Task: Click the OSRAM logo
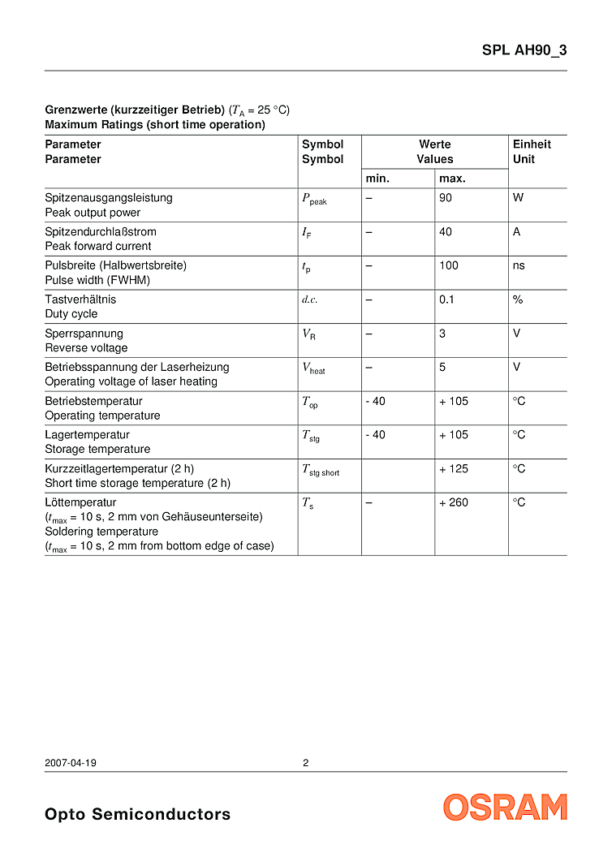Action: (x=505, y=807)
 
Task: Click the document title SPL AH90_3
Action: (x=524, y=50)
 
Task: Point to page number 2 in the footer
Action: (x=306, y=763)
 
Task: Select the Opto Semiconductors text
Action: (x=137, y=814)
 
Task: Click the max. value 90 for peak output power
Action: (x=446, y=197)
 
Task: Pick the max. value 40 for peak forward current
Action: (x=446, y=231)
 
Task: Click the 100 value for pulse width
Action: (x=449, y=265)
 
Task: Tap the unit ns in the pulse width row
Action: (x=519, y=265)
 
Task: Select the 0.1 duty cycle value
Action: (x=447, y=299)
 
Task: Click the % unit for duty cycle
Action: (x=518, y=299)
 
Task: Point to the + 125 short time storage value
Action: (x=454, y=468)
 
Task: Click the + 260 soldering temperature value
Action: (x=454, y=502)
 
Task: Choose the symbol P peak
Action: (x=314, y=199)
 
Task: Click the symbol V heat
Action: (x=313, y=368)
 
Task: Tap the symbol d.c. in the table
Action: (x=310, y=299)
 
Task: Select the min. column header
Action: (x=378, y=179)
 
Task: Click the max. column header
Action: (x=453, y=179)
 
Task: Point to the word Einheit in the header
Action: (x=532, y=144)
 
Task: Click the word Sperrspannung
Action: (x=84, y=334)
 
